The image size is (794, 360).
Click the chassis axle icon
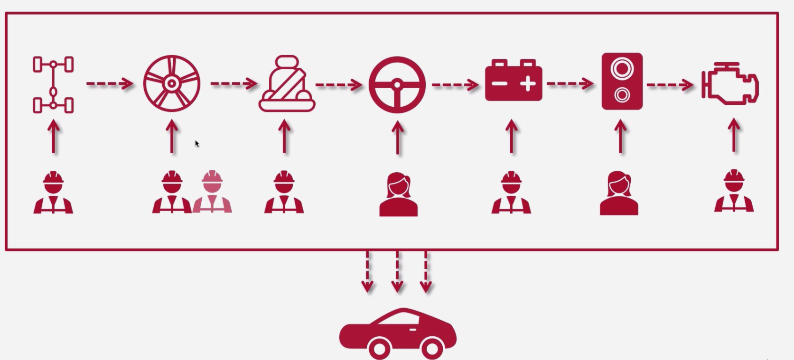(53, 85)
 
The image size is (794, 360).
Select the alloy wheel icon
(172, 84)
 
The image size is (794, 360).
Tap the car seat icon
(287, 84)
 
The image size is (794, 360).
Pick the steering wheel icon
(397, 85)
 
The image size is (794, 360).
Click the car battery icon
(513, 81)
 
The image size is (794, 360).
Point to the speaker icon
(622, 81)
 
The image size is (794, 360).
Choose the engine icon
(730, 84)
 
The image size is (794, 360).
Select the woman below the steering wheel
(398, 195)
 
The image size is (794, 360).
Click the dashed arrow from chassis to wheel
(110, 84)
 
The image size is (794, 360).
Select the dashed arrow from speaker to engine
(670, 85)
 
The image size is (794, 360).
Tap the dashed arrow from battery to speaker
(570, 84)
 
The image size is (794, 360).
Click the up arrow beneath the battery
(511, 136)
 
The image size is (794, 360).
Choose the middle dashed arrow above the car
(397, 272)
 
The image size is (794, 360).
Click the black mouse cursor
(197, 144)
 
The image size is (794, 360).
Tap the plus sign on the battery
(527, 84)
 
